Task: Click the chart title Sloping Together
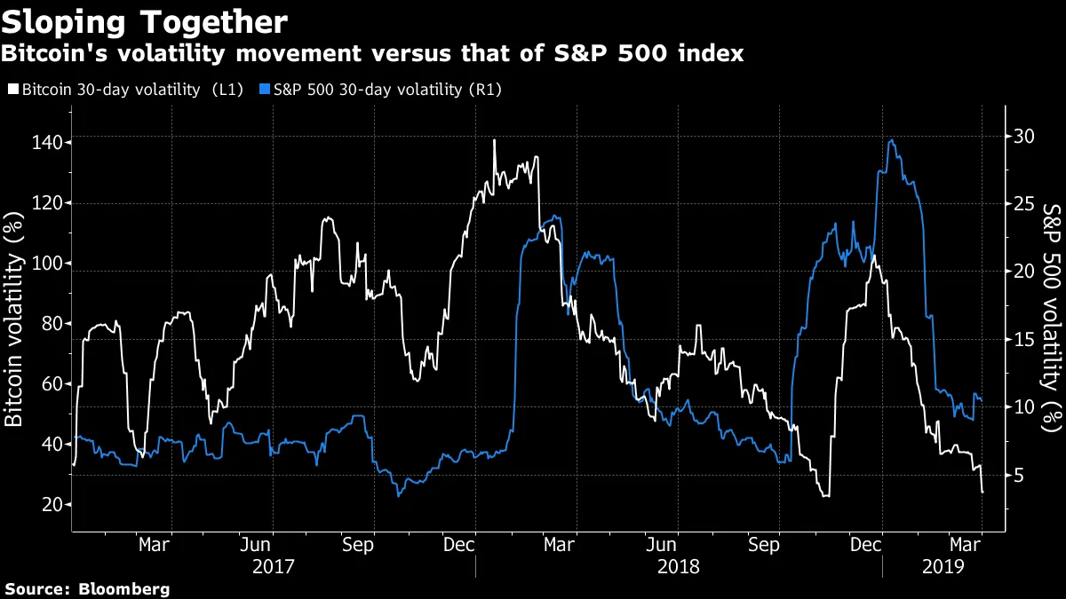(145, 20)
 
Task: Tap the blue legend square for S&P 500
(264, 90)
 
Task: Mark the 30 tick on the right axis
(1023, 136)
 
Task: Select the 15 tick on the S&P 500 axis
(1023, 339)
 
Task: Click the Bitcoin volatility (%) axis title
(14, 319)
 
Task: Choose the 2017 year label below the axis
(274, 565)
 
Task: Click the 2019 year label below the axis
(944, 565)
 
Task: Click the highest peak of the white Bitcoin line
(494, 140)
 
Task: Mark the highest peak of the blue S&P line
(891, 140)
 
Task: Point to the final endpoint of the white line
(982, 493)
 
